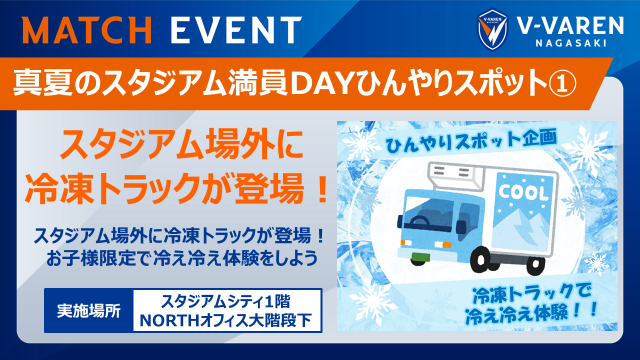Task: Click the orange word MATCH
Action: pyautogui.click(x=87, y=29)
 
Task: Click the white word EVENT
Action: pyautogui.click(x=236, y=29)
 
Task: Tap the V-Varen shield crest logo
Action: pyautogui.click(x=492, y=29)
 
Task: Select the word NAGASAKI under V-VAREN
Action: pyautogui.click(x=571, y=43)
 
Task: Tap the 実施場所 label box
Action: pyautogui.click(x=89, y=310)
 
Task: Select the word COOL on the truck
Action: pyautogui.click(x=523, y=192)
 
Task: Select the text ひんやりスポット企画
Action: pyautogui.click(x=471, y=140)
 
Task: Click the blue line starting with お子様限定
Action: pyautogui.click(x=182, y=258)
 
